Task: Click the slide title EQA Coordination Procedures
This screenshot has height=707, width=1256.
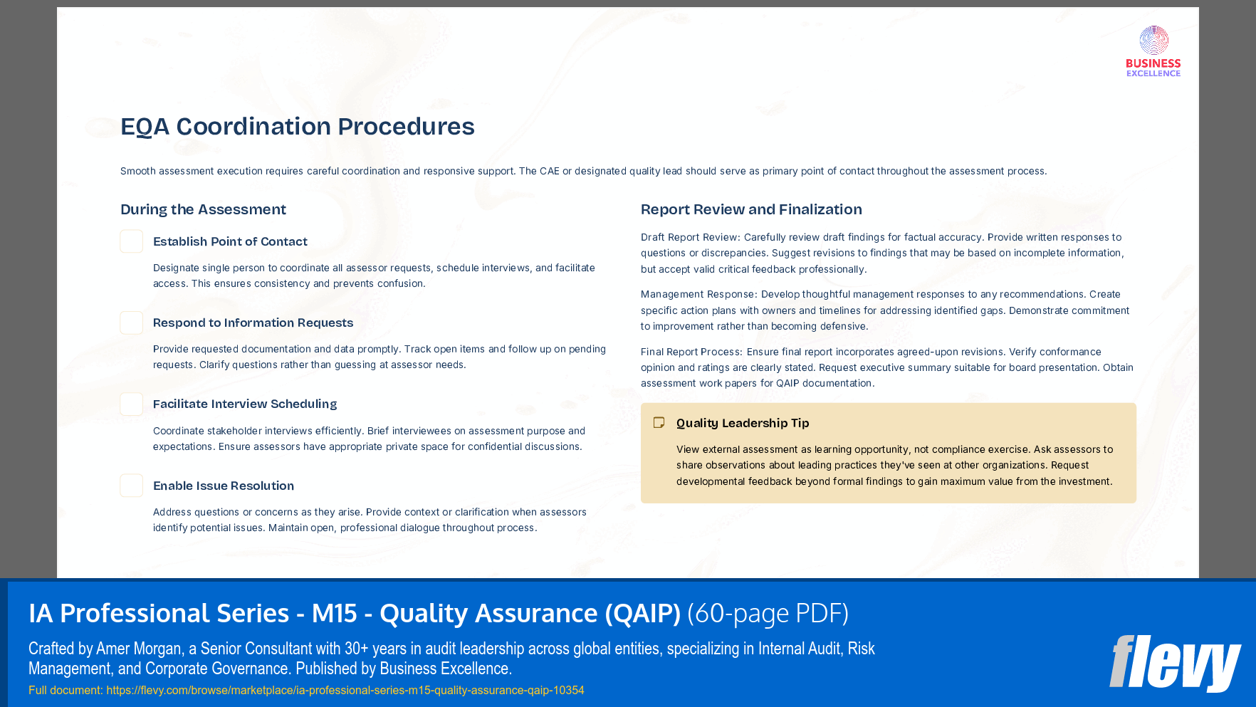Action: coord(297,127)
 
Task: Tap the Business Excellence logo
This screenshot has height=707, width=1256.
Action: coord(1153,51)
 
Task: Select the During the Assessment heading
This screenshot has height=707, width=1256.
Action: coord(203,209)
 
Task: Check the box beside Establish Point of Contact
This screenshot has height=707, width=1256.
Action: coord(132,241)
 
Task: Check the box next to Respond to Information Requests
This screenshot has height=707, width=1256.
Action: coord(132,323)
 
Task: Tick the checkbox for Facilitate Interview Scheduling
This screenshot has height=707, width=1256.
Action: coord(132,404)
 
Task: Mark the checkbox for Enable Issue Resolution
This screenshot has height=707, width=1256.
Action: coord(132,486)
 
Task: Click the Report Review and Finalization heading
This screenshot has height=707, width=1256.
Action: coord(751,209)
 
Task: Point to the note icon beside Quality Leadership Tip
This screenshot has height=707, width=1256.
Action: coord(659,423)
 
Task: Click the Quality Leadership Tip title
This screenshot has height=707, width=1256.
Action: coord(743,423)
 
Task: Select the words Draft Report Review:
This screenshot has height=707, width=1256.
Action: coord(690,237)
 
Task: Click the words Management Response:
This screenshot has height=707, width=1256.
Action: coord(698,294)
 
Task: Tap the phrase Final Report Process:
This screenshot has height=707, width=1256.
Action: coord(691,352)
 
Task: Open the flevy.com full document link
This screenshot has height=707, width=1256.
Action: coord(345,690)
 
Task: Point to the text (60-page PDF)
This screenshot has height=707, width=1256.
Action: coord(768,613)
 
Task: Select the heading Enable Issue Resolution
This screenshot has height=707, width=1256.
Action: coord(224,486)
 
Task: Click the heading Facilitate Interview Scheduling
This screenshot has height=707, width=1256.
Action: coord(245,404)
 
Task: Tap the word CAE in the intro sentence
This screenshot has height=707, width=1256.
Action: coord(549,171)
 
